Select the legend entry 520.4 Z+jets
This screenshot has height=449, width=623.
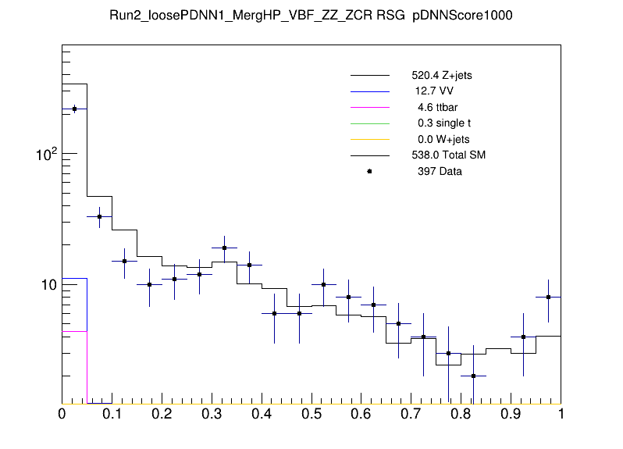point(442,77)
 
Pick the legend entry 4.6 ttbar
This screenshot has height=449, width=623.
point(436,108)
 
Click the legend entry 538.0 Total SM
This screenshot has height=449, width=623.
point(449,155)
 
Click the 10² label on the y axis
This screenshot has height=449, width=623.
point(47,155)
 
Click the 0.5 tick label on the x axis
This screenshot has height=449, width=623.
point(311,414)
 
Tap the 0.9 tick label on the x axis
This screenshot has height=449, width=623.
point(511,414)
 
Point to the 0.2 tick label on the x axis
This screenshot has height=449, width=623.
point(162,414)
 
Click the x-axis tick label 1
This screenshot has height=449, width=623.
point(561,414)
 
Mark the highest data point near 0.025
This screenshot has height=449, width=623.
point(74,109)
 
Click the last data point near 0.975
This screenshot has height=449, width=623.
point(548,297)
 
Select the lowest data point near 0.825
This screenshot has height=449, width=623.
point(473,376)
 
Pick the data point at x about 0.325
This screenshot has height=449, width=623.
point(224,248)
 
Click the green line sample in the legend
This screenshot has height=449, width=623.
point(369,123)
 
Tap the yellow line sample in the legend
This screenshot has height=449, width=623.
point(369,140)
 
